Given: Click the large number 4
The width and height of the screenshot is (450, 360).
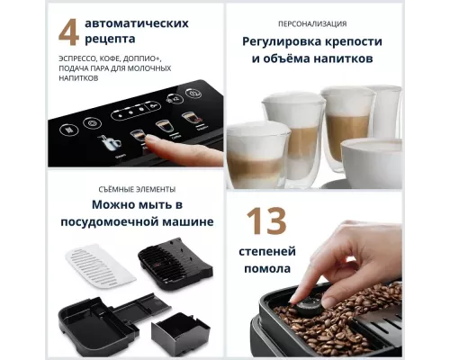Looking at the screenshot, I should (68, 32).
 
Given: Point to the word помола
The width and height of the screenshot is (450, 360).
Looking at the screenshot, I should (268, 269).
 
